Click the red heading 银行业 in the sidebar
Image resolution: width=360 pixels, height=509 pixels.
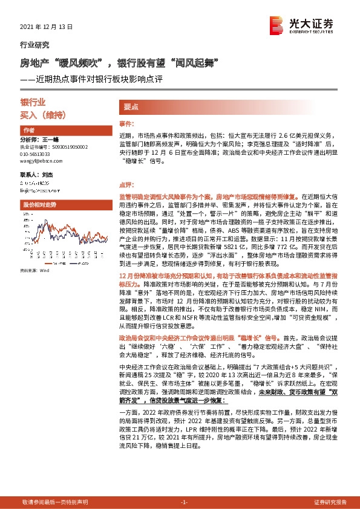33,103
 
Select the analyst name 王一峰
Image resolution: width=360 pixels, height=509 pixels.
51,139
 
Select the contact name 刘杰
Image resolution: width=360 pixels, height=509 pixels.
48,174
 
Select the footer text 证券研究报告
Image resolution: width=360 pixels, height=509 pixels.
330,502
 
